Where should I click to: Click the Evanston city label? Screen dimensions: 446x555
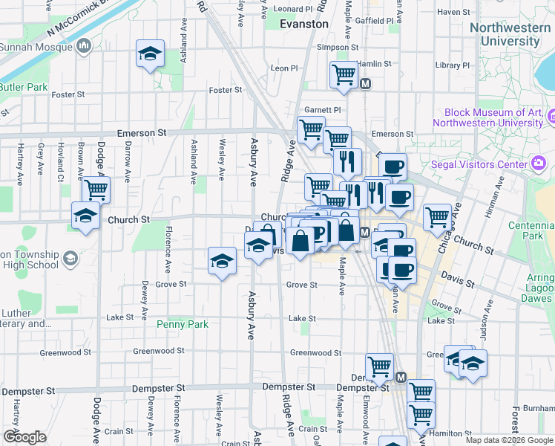(304, 24)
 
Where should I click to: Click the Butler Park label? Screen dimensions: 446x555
(22, 87)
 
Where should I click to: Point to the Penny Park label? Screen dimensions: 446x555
(183, 324)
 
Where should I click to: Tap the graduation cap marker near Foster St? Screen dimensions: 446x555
(150, 54)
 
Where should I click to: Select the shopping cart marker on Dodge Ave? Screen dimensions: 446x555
(96, 190)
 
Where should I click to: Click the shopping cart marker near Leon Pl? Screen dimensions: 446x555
(344, 74)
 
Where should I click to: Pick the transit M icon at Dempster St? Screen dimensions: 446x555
(401, 378)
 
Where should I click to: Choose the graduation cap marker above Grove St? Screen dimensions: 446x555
(222, 262)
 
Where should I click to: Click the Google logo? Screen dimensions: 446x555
(24, 437)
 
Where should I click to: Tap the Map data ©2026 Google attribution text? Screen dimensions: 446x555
(508, 440)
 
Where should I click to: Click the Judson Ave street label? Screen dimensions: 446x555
(489, 314)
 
